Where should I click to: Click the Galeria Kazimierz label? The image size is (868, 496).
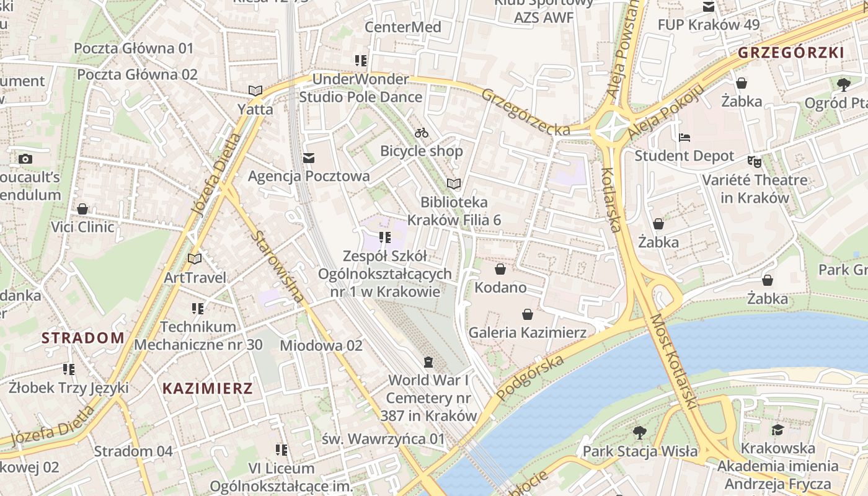527,332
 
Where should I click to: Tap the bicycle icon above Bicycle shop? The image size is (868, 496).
422,133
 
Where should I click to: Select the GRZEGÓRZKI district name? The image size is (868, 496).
791,53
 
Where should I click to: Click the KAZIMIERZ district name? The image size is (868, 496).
208,389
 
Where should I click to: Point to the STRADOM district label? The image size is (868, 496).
83,338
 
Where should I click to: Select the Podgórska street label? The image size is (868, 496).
531,378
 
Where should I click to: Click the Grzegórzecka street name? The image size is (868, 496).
526,112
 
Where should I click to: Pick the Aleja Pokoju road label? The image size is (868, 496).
666,111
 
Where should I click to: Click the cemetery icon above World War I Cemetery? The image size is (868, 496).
428,361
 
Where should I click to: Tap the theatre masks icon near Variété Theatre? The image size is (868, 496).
754,161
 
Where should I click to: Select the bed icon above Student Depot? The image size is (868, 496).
684,137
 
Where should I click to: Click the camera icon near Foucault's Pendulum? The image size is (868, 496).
25,159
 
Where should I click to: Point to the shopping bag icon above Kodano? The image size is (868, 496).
500,269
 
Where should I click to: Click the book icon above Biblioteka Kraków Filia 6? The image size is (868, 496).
454,184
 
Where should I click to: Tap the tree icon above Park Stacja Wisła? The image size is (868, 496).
640,432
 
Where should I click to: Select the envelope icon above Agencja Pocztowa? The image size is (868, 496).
308,158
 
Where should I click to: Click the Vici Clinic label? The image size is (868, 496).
82,227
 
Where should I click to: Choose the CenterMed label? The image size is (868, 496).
403,27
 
